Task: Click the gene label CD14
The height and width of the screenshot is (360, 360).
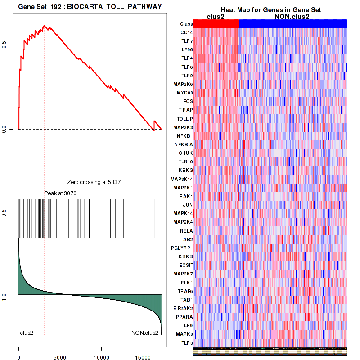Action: [187, 32]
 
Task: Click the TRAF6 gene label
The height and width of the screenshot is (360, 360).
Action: [186, 291]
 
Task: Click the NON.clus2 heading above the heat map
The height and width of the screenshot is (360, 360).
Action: [292, 17]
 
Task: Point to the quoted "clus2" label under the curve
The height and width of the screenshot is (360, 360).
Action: [27, 333]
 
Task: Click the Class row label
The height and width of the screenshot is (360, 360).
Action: [186, 24]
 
